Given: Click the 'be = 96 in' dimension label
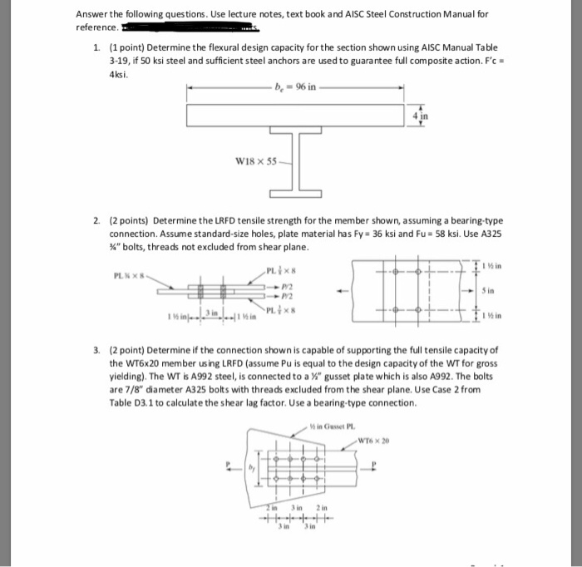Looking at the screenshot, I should click(x=295, y=86).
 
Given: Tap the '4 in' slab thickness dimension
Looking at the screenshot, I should click(x=420, y=116).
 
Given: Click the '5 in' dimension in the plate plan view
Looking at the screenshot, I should click(x=492, y=292).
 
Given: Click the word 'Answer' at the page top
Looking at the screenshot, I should click(x=92, y=14).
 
